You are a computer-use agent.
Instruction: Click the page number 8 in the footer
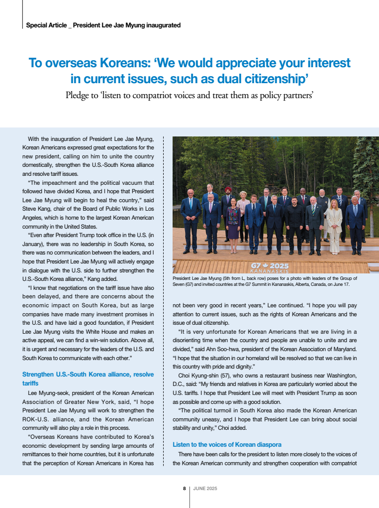(x=184, y=489)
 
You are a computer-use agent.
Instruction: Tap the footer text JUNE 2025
(x=205, y=489)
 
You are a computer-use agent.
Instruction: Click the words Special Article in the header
(x=46, y=25)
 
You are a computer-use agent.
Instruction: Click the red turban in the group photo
(x=228, y=189)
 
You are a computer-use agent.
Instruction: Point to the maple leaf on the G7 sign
(x=266, y=266)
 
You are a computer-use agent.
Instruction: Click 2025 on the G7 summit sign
(x=279, y=266)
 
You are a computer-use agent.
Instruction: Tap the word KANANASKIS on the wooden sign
(x=270, y=271)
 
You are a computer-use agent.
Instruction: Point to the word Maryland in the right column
(x=345, y=349)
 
